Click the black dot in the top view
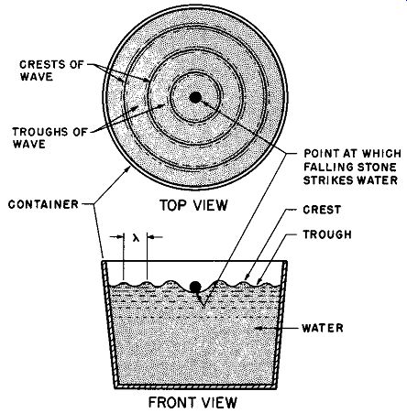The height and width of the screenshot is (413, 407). click(x=195, y=98)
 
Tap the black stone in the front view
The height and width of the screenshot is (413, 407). click(x=195, y=287)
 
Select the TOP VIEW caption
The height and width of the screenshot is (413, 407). click(x=193, y=205)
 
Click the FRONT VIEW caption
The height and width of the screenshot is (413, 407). click(x=192, y=402)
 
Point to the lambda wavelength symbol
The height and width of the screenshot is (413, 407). click(x=136, y=237)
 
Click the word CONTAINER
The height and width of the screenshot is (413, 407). click(x=43, y=204)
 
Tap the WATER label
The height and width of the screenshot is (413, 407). click(x=323, y=328)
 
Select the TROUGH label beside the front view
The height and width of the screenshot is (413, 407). click(x=327, y=234)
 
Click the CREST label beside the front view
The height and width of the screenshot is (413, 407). click(x=322, y=210)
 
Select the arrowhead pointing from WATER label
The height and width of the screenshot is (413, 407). click(x=258, y=328)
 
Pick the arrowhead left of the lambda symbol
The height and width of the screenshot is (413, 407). click(x=120, y=237)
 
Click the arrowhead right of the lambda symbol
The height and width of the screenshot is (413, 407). click(x=151, y=237)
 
